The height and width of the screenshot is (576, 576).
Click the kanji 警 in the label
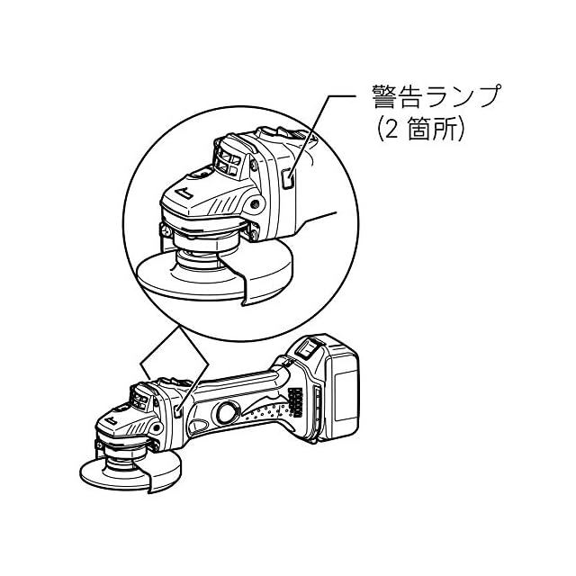385,96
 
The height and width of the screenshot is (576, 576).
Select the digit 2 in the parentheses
391,130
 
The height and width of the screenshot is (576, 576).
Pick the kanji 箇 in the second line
418,130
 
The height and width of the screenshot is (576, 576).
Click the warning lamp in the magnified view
288,179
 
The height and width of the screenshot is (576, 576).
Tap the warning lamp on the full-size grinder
178,411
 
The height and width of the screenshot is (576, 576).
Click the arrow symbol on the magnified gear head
184,193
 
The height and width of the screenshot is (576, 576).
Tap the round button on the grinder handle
226,412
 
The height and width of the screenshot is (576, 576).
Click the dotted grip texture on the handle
265,412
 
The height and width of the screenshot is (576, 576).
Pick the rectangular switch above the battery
307,348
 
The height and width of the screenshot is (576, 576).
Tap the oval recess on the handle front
199,426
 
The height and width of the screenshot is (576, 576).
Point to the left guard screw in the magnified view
166,230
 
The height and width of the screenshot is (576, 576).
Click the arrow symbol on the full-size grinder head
111,420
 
